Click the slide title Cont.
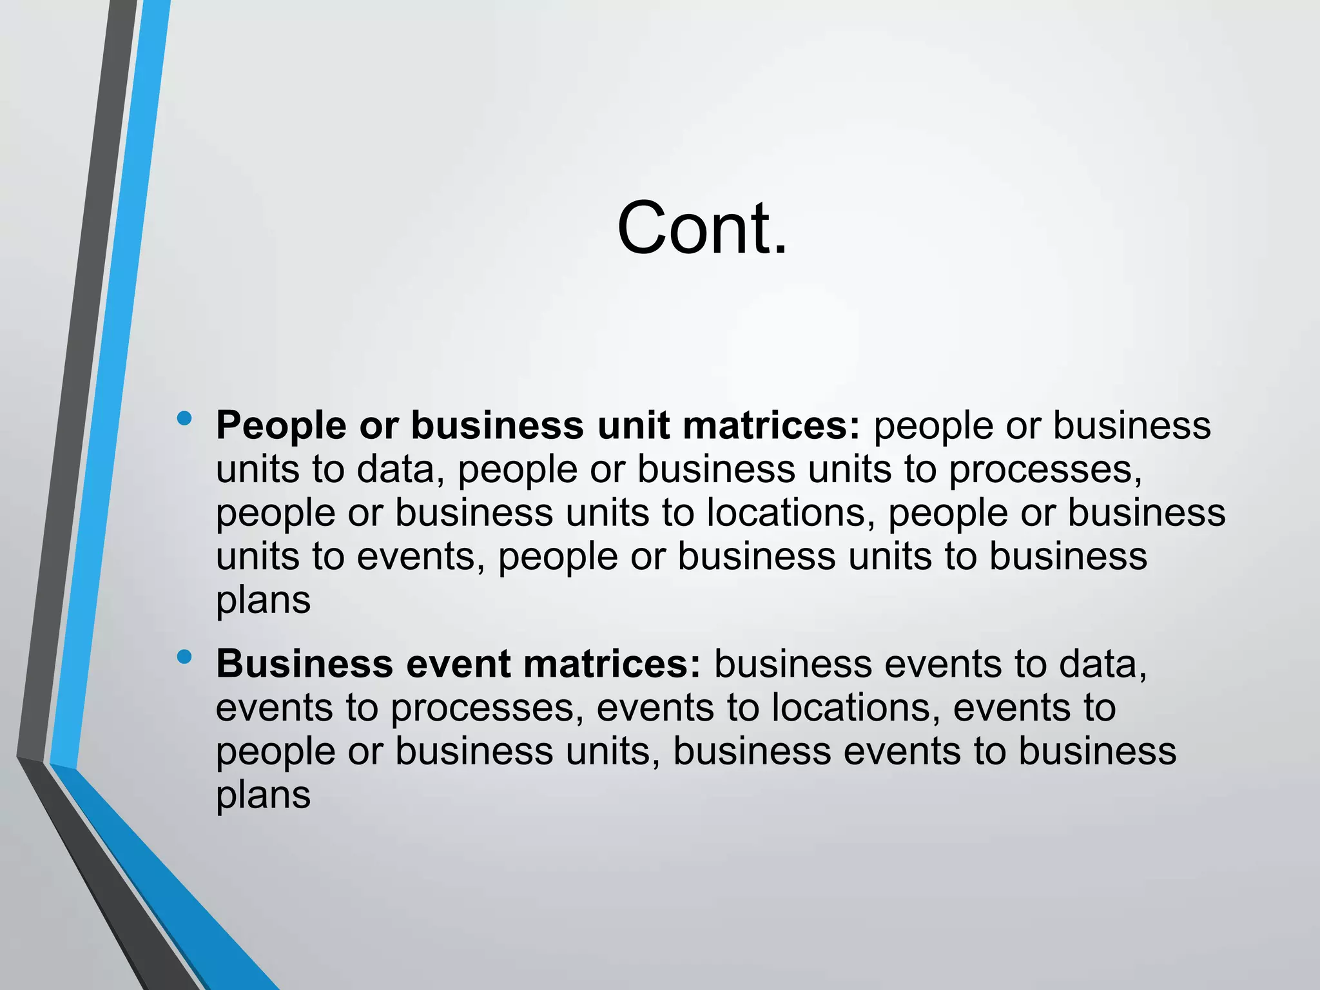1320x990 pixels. [702, 229]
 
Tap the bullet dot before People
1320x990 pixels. [184, 419]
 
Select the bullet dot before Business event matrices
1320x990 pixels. [184, 657]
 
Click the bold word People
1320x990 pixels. [281, 427]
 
